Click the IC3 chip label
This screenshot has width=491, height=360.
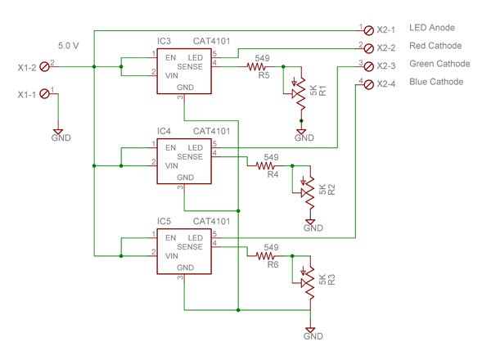164,40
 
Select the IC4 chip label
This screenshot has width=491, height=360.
164,131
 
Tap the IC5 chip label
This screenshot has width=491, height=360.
164,221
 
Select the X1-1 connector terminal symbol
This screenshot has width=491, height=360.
44,94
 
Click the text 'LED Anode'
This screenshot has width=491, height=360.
431,29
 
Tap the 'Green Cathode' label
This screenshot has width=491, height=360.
439,64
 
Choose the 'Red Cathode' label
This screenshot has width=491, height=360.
435,47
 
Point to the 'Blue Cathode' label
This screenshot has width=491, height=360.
436,82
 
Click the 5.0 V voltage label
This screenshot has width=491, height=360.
69,46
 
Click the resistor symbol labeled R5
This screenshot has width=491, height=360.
259,67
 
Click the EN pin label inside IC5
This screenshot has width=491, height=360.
170,238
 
